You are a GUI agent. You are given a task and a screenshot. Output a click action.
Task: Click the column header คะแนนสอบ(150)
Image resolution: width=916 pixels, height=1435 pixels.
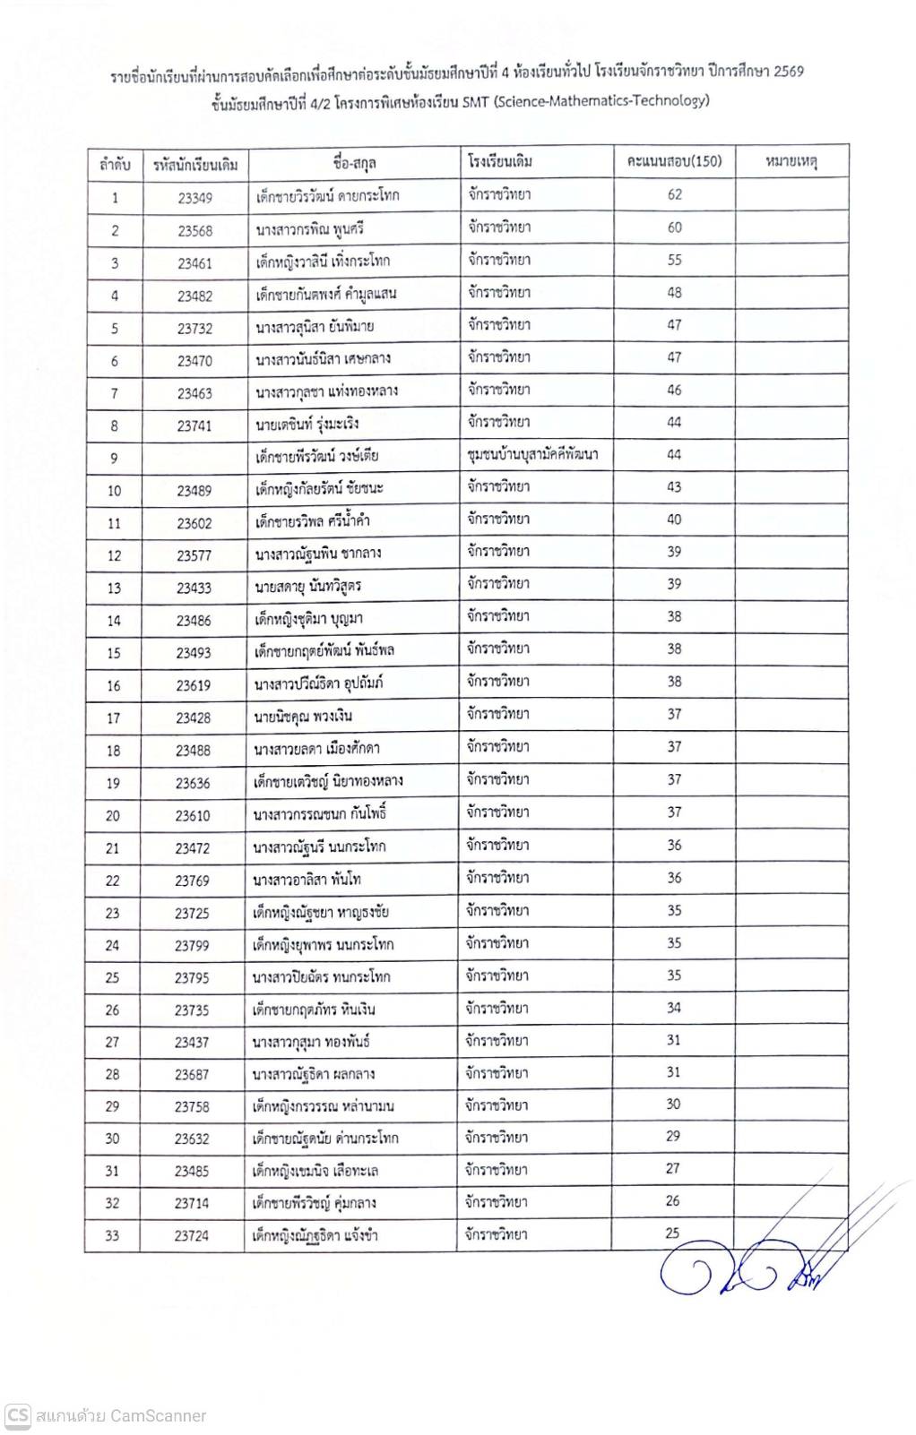tap(674, 162)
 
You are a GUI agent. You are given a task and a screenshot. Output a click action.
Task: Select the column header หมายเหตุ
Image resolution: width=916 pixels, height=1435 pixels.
tap(791, 162)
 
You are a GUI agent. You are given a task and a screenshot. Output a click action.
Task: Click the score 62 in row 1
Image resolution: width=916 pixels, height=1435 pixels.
tap(674, 194)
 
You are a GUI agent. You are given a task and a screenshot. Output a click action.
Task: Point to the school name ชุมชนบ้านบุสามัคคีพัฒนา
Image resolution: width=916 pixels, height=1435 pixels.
tap(532, 454)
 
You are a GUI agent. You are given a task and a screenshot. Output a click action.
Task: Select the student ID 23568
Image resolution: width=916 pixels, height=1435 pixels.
tap(194, 230)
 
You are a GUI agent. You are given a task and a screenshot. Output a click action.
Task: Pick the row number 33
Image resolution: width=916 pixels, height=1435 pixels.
tap(112, 1235)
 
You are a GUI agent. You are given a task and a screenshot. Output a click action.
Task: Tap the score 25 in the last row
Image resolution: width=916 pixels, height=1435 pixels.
tap(673, 1233)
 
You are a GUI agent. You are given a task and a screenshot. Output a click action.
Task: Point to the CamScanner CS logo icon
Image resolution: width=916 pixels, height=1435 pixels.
tap(18, 1415)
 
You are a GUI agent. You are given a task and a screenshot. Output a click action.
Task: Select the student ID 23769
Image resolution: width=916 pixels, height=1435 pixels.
tap(192, 881)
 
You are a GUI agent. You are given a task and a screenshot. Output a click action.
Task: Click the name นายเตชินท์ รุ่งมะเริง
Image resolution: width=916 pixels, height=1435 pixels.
tap(307, 424)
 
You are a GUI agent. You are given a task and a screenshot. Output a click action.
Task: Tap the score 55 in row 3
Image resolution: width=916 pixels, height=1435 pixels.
tap(674, 260)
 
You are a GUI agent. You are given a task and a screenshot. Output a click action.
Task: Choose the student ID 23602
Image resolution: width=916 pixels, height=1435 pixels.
tap(194, 523)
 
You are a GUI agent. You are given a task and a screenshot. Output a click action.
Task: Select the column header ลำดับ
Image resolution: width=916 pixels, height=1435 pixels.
tap(115, 164)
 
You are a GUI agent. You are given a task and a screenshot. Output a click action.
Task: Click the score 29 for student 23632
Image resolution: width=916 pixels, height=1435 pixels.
tap(673, 1136)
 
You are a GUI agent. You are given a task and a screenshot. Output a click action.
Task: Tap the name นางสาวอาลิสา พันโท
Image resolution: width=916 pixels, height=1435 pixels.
tap(307, 880)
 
